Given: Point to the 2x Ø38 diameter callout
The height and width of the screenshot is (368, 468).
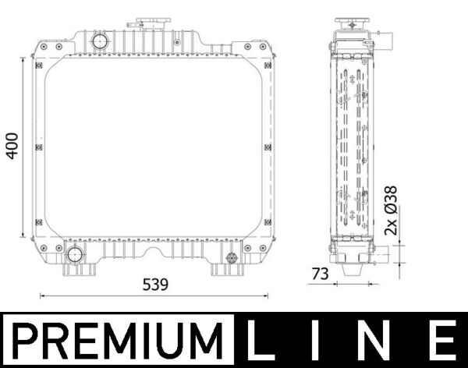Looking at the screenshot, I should pyautogui.click(x=392, y=211).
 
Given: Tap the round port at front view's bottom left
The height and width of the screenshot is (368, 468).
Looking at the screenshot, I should pyautogui.click(x=75, y=253).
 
